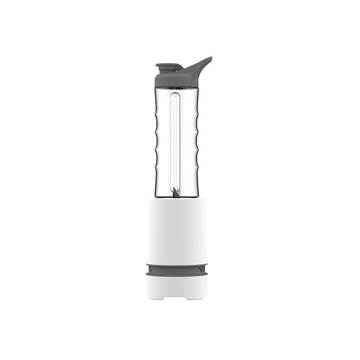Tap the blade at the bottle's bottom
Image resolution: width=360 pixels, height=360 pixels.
[x=176, y=193]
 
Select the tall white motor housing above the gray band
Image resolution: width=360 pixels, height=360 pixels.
[x=177, y=229]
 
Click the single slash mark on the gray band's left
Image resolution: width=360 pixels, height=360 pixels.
[x=150, y=268]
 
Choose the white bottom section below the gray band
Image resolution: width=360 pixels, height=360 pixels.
[x=177, y=285]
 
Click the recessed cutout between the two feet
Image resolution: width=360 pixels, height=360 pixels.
[x=177, y=297]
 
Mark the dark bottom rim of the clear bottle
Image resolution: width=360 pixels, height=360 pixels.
[x=177, y=197]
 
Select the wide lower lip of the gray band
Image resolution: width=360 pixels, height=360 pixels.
[x=177, y=273]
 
